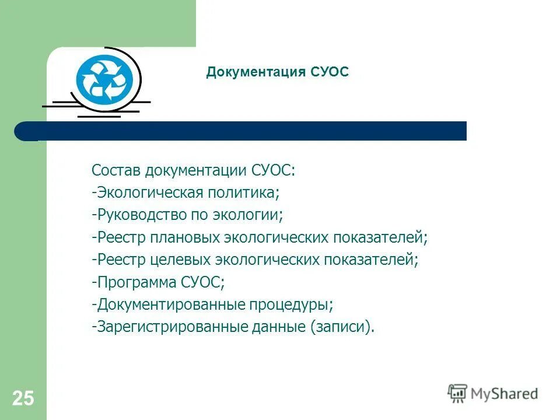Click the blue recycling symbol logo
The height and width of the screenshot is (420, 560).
[105, 79]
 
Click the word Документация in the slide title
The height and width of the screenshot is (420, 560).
[256, 72]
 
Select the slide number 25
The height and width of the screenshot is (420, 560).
[23, 398]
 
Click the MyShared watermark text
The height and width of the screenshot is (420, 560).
[505, 394]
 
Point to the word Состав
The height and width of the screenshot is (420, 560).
[117, 170]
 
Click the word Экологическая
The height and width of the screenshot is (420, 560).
[148, 192]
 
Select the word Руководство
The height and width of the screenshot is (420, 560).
[141, 215]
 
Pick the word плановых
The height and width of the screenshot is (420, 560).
[188, 237]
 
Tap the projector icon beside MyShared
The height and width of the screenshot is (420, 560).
[457, 393]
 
